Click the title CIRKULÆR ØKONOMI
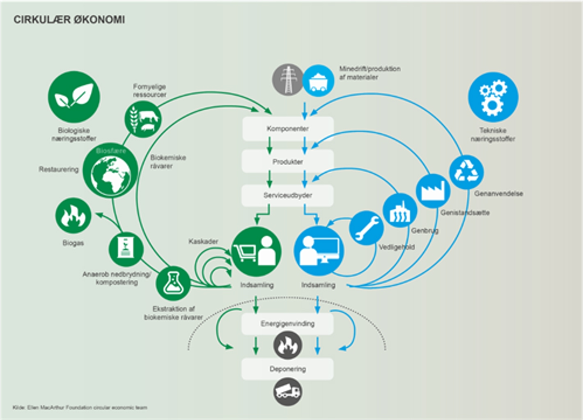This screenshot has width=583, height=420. [69, 20]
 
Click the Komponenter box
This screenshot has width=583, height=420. [287, 129]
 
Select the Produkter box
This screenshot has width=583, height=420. [287, 162]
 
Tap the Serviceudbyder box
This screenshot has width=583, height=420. [287, 195]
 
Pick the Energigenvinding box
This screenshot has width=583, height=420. [287, 324]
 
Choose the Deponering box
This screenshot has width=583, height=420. [287, 369]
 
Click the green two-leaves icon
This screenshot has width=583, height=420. [74, 97]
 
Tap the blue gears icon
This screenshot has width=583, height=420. [493, 97]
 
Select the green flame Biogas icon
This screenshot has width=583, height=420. [73, 216]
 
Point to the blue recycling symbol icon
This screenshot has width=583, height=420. [466, 172]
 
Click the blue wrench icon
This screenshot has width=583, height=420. [366, 228]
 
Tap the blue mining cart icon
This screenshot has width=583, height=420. [318, 80]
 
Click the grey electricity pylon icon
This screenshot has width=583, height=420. [288, 80]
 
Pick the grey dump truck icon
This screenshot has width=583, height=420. [287, 392]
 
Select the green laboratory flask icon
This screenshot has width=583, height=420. [173, 283]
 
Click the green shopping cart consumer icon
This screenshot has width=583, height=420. [256, 251]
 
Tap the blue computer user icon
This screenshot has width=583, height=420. [319, 251]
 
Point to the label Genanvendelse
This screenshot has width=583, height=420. [498, 194]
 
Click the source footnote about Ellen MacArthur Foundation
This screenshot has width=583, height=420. [80, 408]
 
